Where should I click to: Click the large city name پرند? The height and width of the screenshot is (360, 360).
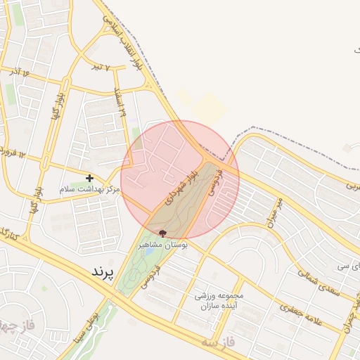pos(103,270)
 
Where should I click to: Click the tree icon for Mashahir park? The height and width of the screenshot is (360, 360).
pos(163,233)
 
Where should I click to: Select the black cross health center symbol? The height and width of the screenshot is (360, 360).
pos(89,179)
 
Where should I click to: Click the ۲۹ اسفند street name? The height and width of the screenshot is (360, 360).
pos(120,103)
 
